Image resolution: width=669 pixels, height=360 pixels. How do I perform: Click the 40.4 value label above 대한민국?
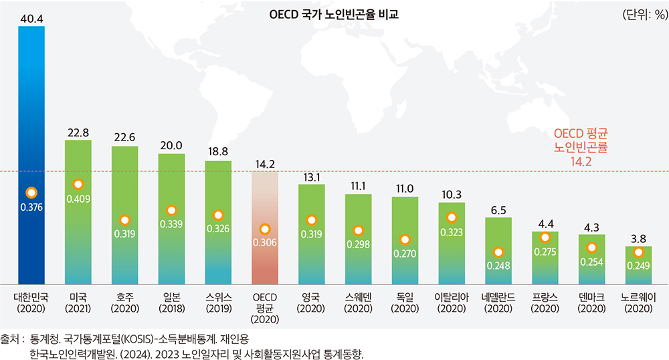point(31,18)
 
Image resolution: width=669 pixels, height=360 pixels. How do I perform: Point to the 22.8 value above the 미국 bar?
point(78,132)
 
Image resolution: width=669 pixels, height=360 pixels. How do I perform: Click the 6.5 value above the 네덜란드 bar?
point(498,209)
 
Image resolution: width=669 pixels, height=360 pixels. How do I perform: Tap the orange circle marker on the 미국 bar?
point(78,184)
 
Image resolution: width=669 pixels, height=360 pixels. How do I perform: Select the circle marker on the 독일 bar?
point(405,240)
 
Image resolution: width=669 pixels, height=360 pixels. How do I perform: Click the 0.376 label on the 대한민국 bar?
point(31,207)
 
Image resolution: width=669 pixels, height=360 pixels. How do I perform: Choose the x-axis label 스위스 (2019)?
point(218,302)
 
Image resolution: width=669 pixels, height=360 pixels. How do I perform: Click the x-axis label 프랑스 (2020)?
point(545,302)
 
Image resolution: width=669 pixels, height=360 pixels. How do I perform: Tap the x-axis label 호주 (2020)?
point(124,302)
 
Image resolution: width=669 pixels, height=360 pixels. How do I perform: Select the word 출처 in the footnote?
point(11,339)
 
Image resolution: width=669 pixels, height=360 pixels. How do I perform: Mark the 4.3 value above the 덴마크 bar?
point(591,226)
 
